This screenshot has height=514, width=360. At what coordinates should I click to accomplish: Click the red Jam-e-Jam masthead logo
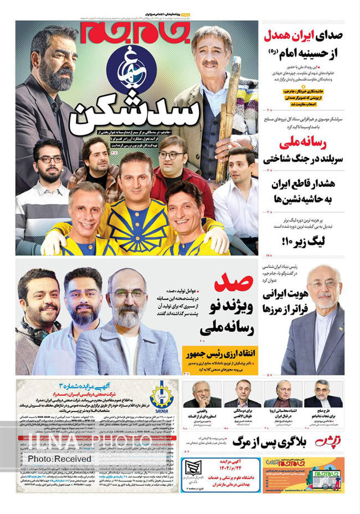click(136, 33)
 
